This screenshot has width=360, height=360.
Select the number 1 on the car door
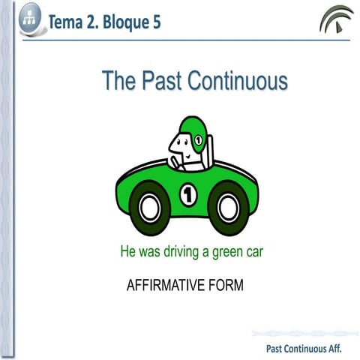click(187, 196)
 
